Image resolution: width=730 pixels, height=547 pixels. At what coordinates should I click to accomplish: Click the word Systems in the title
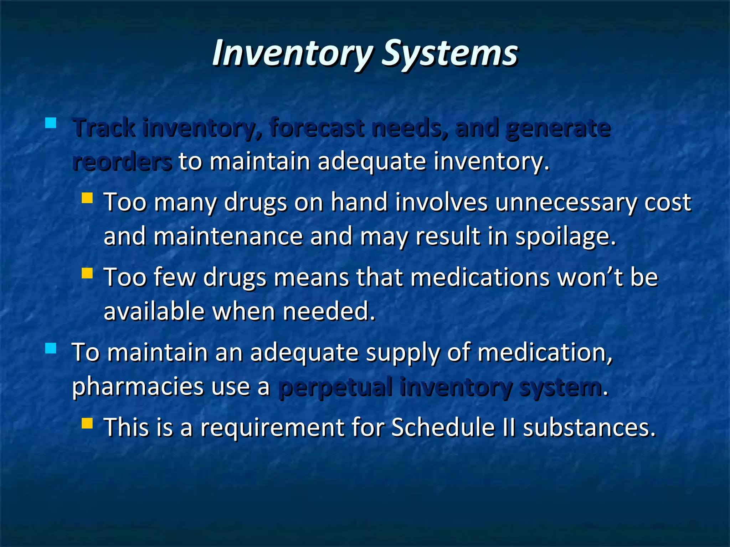[450, 53]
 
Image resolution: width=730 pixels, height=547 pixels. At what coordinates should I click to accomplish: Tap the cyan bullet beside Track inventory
[51, 123]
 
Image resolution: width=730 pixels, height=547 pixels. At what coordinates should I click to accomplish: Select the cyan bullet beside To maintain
[51, 348]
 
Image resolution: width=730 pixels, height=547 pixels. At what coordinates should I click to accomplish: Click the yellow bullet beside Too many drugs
[87, 198]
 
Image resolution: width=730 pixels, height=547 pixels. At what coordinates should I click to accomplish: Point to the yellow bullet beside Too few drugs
[87, 273]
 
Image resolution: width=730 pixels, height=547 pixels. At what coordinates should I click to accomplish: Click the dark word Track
[104, 128]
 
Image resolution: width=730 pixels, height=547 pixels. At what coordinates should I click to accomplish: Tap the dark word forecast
[317, 128]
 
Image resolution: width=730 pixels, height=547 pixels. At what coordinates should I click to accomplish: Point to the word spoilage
[566, 237]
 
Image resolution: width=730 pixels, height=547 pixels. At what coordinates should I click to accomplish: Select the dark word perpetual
[335, 387]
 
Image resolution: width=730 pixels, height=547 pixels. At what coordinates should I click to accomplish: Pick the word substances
[589, 427]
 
